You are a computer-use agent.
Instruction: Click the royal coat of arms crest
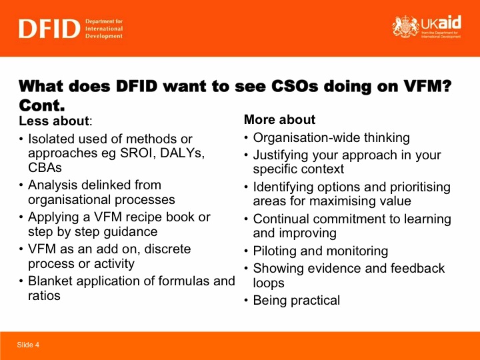click(405, 27)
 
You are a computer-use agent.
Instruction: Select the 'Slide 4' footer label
click(28, 345)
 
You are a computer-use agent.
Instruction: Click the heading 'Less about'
click(54, 121)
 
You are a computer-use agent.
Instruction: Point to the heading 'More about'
click(279, 119)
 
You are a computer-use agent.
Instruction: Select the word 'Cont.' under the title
click(42, 105)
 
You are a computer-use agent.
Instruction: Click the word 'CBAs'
click(45, 168)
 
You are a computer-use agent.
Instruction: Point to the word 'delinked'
click(104, 185)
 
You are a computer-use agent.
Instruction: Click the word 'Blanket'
click(50, 281)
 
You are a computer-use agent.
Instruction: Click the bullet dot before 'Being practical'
click(246, 301)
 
